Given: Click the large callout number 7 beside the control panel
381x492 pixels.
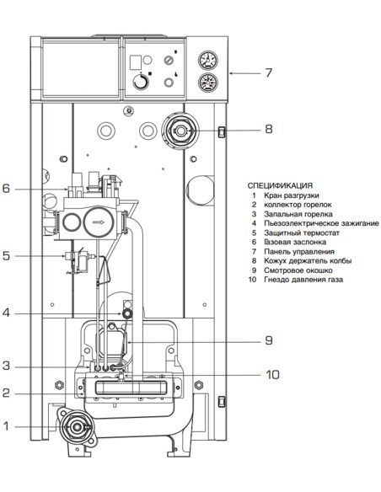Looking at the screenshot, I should click(x=269, y=72).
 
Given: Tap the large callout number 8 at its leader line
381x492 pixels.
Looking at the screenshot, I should click(x=269, y=130).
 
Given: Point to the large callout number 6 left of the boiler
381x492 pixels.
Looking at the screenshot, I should click(x=5, y=189).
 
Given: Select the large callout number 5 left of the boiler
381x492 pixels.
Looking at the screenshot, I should click(x=5, y=254).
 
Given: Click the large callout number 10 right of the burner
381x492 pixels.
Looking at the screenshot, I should click(x=272, y=374).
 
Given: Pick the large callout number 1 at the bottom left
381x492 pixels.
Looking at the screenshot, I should click(x=5, y=426).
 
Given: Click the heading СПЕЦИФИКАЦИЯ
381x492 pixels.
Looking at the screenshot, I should click(x=280, y=185).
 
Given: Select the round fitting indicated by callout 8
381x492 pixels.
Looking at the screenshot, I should click(x=180, y=131).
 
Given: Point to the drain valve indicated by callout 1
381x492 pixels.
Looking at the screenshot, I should click(x=78, y=426).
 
